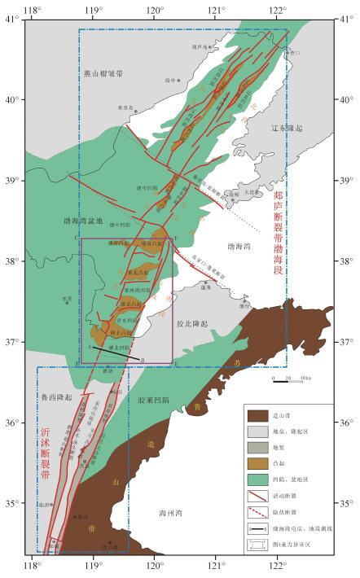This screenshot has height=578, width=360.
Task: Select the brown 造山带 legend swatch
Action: click(x=259, y=415)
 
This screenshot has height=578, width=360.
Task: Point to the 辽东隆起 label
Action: click(x=286, y=129)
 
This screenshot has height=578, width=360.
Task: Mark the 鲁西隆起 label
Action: click(x=56, y=396)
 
